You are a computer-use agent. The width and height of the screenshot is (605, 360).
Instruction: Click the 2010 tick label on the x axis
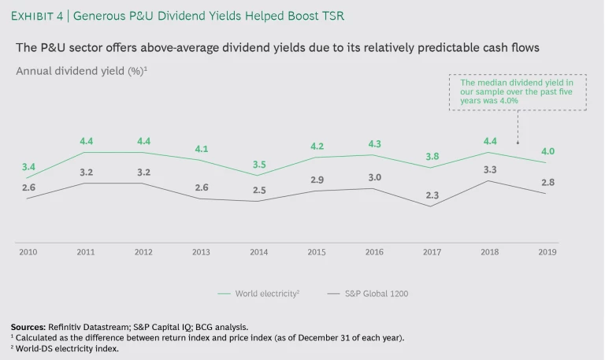pos(28,252)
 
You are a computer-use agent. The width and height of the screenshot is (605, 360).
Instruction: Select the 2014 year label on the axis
pos(258,252)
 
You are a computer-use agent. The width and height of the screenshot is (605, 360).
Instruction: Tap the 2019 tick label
pos(547,252)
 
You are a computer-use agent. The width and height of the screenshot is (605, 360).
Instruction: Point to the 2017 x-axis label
pos(432,252)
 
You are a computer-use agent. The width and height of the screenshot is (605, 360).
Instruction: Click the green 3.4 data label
pos(28,167)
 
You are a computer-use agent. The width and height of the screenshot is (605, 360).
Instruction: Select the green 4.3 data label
pos(375,144)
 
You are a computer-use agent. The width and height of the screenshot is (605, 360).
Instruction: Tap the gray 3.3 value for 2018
pos(489,169)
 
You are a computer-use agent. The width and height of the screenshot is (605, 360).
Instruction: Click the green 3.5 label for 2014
pos(259,164)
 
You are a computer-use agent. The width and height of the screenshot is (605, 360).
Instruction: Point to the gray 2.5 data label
pos(259,190)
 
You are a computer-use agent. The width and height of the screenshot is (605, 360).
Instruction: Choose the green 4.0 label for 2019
pos(547,151)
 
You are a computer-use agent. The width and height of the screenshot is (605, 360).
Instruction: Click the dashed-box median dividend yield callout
pos(517,93)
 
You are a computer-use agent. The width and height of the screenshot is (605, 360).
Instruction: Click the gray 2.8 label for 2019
pos(547,182)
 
